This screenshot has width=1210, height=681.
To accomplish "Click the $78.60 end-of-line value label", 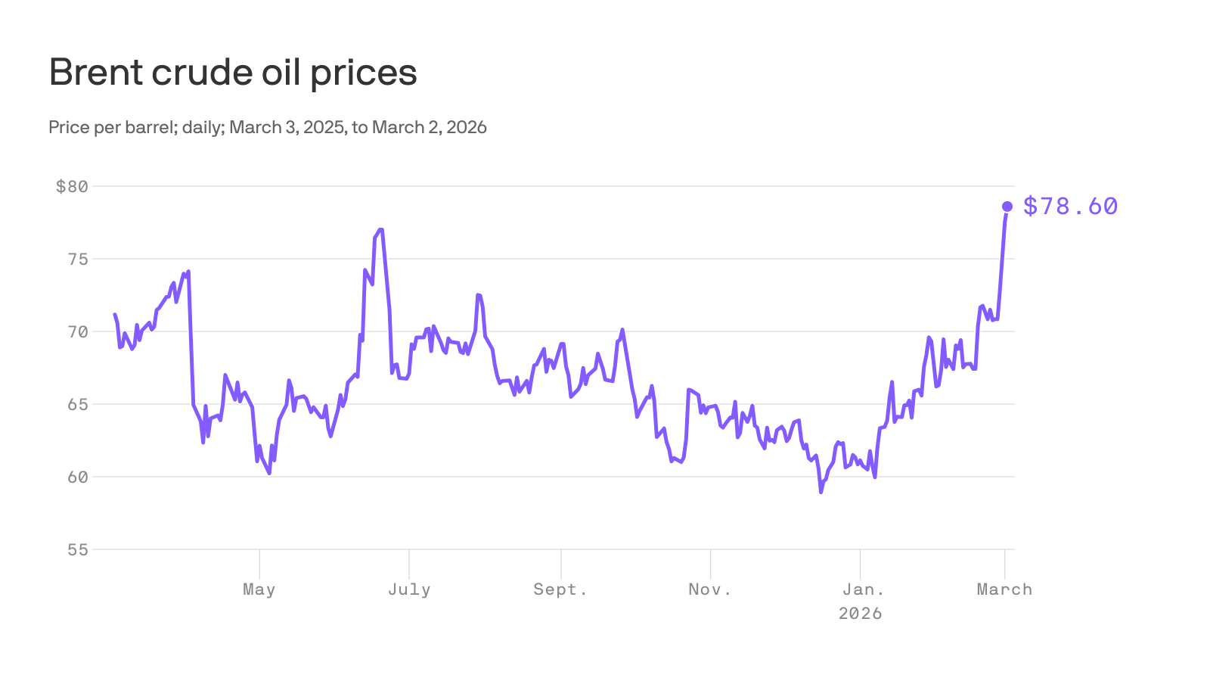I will (1070, 206).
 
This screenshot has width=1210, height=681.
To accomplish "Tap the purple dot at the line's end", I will (1007, 207).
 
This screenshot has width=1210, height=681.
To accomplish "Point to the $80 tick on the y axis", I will (72, 186).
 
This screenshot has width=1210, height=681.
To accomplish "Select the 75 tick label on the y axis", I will (78, 259).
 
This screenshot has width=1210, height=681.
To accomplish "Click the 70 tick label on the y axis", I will (78, 331).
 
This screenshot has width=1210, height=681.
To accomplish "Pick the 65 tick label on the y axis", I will (78, 404).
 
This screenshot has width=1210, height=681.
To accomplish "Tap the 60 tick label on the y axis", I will (78, 477).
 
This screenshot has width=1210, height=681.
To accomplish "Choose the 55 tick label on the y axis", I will (78, 549).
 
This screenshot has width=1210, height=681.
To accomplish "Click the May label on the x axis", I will (259, 589).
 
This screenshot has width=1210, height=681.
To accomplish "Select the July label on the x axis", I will (409, 589).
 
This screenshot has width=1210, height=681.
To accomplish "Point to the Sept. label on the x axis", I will (560, 589).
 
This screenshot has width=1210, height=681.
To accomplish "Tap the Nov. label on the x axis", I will (710, 589).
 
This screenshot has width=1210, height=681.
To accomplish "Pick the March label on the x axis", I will (1004, 589).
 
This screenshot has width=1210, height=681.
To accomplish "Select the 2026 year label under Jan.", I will (860, 613).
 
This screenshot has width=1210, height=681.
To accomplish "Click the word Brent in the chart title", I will (95, 73).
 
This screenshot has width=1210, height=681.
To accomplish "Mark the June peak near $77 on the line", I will (380, 229).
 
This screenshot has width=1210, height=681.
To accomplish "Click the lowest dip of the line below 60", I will (821, 492).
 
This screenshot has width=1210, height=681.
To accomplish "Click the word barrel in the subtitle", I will (151, 127).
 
